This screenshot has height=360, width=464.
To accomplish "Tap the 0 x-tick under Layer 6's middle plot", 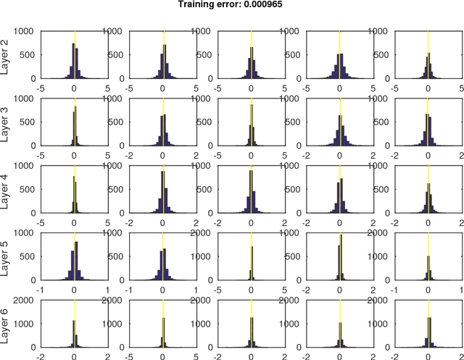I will click(251, 356).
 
